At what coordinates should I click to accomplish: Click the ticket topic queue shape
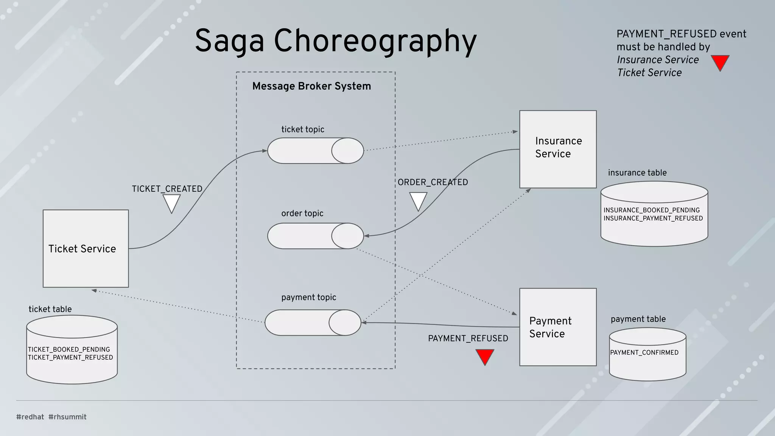coord(315,151)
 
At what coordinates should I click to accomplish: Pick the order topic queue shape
coord(315,236)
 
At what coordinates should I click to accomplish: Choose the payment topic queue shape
coord(313,322)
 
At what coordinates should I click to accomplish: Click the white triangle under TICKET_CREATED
coord(171,202)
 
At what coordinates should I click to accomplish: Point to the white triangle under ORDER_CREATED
coord(418,201)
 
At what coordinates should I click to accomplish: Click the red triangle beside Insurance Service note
coord(720,62)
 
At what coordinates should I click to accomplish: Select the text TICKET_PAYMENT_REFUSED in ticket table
coord(70,357)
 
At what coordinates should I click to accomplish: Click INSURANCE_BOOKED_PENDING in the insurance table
coord(652,210)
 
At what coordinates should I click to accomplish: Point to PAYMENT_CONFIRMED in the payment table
coord(644,352)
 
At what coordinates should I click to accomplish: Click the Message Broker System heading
coord(311,86)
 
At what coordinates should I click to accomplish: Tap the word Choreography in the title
coord(375,41)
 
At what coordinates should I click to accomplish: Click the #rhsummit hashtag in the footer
coord(67,417)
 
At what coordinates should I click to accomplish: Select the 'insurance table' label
coord(637,173)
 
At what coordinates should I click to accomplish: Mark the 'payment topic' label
coord(308,297)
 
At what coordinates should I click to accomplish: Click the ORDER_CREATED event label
coord(433,182)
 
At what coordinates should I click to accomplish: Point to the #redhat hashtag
coord(30,417)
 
